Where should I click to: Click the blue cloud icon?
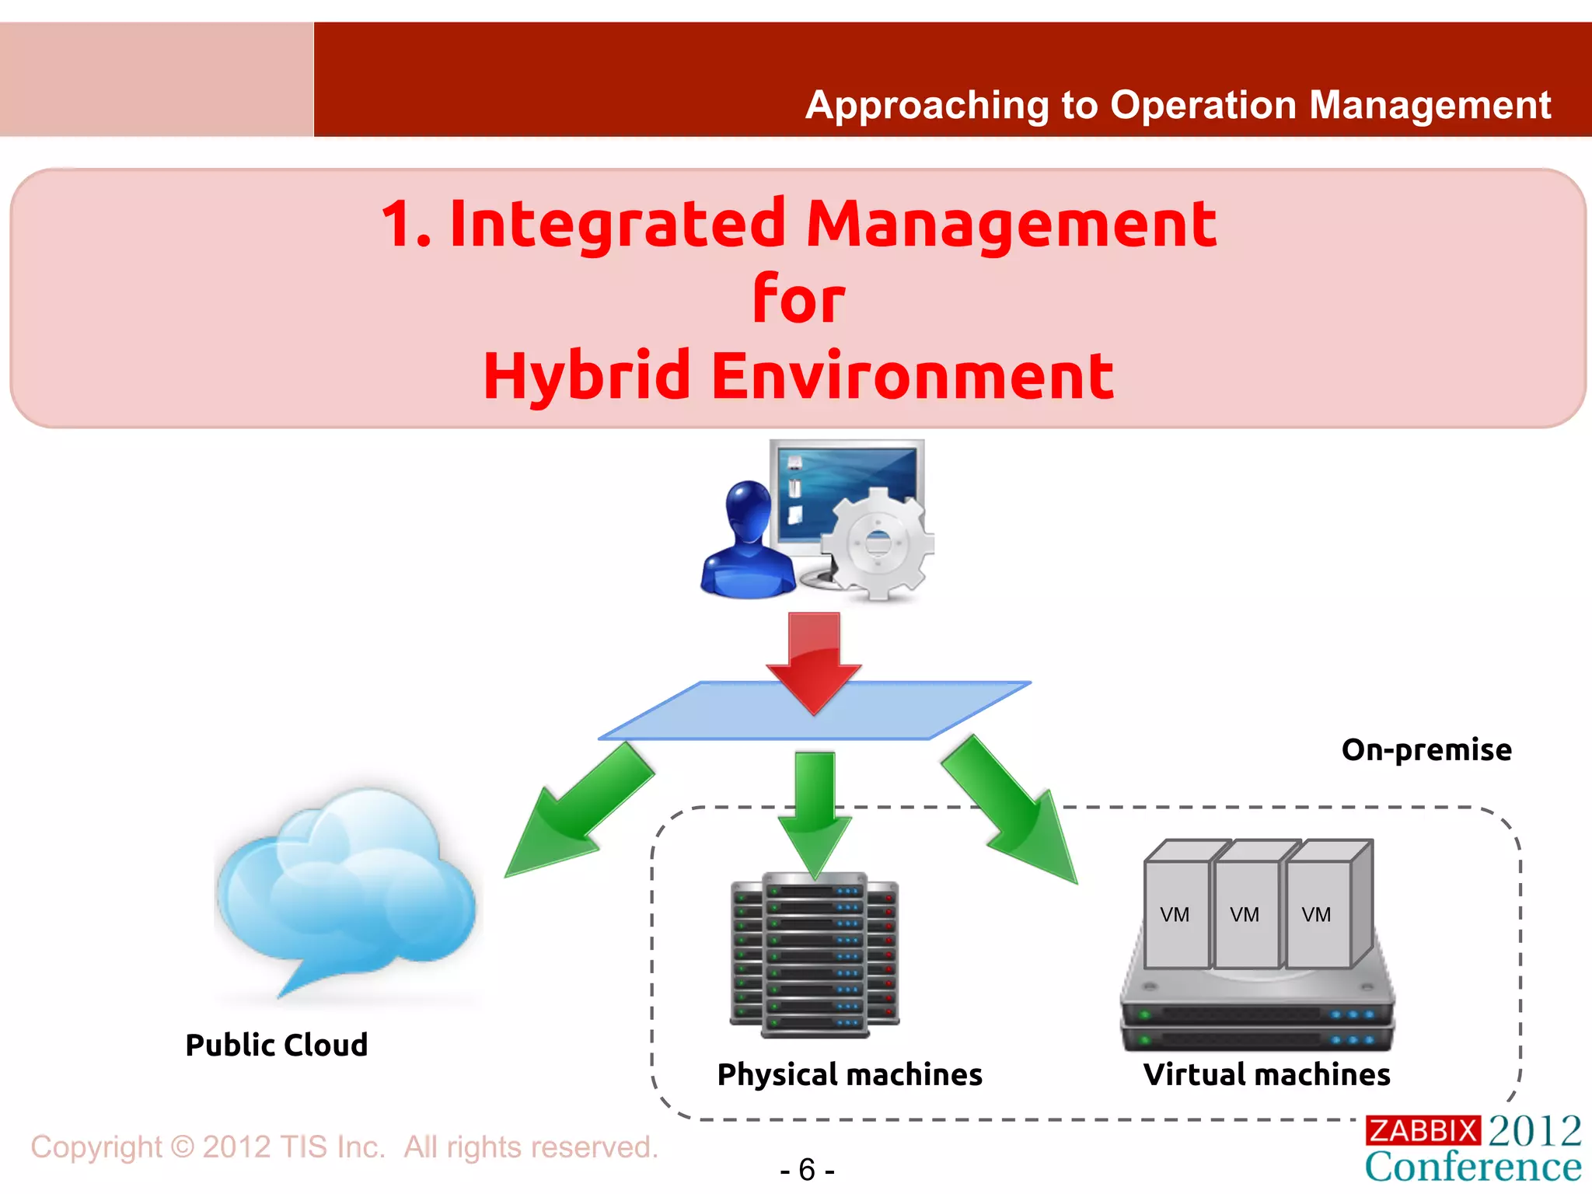(346, 886)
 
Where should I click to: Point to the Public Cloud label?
(276, 1045)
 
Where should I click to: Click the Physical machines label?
(850, 1074)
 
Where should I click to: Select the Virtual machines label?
(1266, 1074)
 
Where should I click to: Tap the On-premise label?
(1426, 749)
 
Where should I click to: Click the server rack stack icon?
(815, 956)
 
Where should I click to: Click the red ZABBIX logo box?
(1423, 1130)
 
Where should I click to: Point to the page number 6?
(807, 1169)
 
